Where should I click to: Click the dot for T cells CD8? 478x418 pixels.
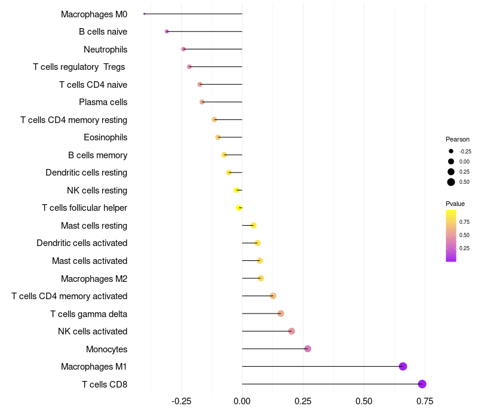click(422, 384)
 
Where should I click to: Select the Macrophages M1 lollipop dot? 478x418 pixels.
click(403, 367)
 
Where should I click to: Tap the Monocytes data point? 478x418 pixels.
click(308, 349)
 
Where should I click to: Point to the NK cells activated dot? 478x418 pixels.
click(292, 331)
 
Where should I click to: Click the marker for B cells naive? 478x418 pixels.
click(167, 32)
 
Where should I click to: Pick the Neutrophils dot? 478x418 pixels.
click(183, 49)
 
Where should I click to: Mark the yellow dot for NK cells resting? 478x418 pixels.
click(237, 190)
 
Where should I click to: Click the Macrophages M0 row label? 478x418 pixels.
click(94, 14)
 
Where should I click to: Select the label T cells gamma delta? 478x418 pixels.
click(88, 314)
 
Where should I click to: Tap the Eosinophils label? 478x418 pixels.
click(105, 137)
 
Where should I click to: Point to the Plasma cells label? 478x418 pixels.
click(103, 102)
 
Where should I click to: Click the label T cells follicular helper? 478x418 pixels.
click(84, 208)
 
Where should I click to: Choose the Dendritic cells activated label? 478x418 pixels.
click(82, 243)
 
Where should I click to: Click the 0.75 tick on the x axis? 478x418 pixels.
click(425, 401)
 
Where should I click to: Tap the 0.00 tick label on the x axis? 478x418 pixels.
click(242, 401)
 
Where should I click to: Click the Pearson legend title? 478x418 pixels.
click(458, 139)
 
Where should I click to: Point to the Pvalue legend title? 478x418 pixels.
click(455, 204)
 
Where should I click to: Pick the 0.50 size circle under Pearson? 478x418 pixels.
click(451, 182)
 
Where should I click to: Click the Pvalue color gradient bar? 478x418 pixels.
click(451, 235)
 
